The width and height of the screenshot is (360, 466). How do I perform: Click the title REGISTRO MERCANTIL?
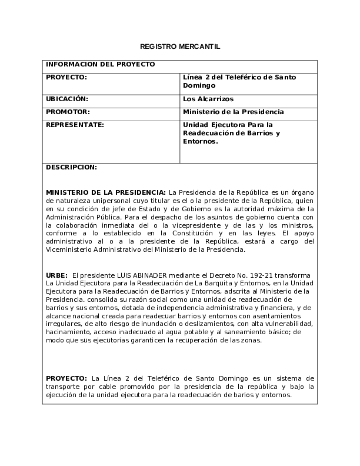tap(180, 46)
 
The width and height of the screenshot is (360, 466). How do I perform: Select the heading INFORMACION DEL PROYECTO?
tap(100, 64)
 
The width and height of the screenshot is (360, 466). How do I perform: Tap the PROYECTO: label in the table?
tap(66, 77)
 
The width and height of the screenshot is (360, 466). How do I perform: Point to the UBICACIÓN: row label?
tap(67, 99)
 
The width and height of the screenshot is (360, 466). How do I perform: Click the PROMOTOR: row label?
tap(68, 112)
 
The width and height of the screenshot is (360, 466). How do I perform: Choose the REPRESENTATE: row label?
tap(75, 125)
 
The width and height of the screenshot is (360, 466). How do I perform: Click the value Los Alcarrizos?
tap(208, 99)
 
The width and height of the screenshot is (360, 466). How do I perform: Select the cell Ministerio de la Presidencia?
tap(234, 112)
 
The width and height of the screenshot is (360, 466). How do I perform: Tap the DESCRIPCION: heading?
tap(71, 167)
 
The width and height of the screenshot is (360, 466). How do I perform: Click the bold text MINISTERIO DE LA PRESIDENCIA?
tap(106, 192)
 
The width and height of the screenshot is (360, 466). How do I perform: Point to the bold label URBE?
tap(56, 275)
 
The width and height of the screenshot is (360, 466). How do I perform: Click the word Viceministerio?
tap(69, 249)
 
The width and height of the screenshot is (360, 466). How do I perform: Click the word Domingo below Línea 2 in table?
tap(199, 86)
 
